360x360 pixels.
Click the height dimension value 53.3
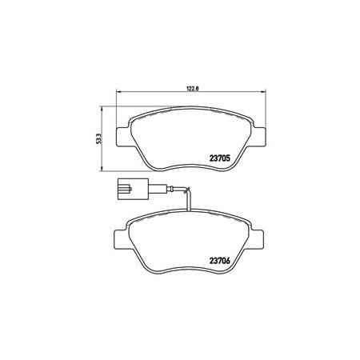point(98,138)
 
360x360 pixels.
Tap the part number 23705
point(220,158)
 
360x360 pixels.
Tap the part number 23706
point(220,262)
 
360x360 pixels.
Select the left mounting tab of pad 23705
point(123,137)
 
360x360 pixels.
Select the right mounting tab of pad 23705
point(259,137)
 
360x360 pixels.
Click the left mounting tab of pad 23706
point(121,239)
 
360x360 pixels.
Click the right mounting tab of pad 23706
point(257,239)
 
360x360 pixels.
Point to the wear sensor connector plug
point(132,189)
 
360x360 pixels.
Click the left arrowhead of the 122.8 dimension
point(118,92)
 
